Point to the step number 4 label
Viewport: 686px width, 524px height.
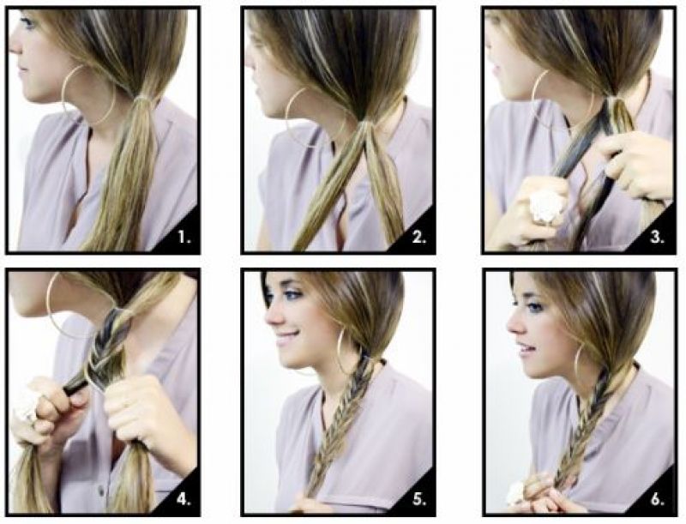coord(185,499)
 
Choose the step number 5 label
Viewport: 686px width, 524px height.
coord(419,499)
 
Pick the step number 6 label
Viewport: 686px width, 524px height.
coord(657,499)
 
